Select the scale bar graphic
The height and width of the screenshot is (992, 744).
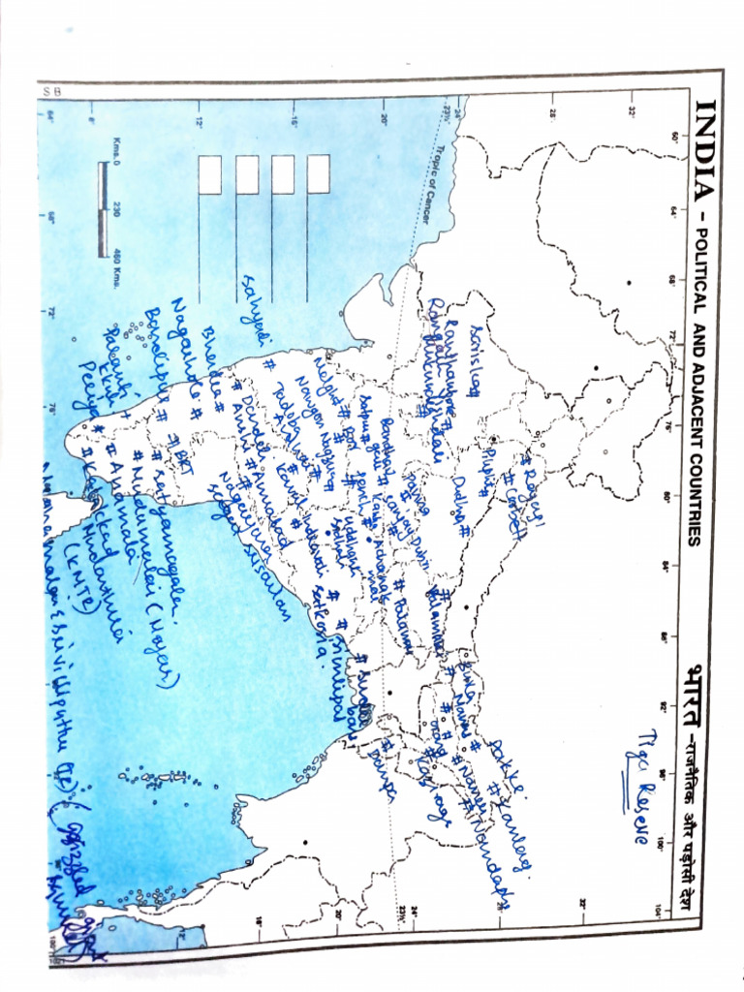point(103,208)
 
